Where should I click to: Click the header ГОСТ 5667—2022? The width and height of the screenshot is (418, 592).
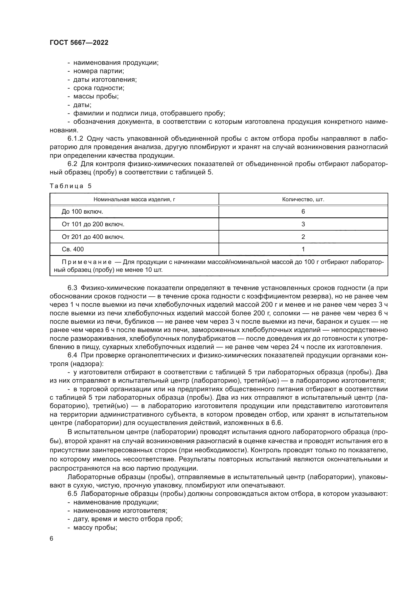[79, 43]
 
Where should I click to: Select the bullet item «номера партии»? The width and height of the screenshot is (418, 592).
[99, 71]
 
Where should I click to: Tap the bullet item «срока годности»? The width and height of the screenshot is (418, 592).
[99, 88]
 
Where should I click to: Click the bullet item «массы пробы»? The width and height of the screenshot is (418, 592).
[96, 96]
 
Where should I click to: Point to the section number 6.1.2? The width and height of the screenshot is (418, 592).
[75, 139]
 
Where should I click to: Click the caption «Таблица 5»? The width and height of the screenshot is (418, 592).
[71, 186]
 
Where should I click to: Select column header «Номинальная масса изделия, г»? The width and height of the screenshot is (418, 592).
[134, 199]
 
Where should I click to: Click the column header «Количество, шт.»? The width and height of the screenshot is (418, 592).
[303, 199]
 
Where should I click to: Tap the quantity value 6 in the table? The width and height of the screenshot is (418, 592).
[303, 212]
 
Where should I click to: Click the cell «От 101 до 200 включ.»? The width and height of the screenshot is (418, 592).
[93, 224]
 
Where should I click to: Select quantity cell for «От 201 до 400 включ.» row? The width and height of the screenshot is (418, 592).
[303, 237]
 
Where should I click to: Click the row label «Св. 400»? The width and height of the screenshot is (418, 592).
[73, 249]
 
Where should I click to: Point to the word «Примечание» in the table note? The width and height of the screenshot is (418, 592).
[87, 262]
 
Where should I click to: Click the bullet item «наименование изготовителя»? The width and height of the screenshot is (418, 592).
[120, 511]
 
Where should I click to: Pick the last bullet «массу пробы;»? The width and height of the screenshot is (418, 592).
[95, 527]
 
